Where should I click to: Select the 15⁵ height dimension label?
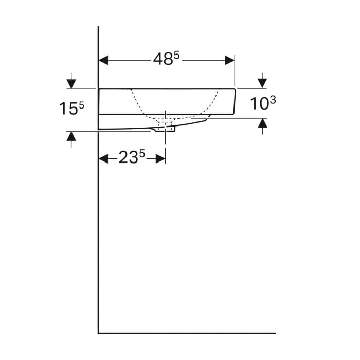tap(71, 108)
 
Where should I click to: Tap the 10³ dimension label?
tap(263, 103)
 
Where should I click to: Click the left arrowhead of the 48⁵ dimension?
tap(103, 60)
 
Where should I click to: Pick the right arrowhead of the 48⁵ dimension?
tap(230, 60)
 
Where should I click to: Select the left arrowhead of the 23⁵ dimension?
tap(103, 158)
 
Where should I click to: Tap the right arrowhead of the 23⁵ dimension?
tap(160, 158)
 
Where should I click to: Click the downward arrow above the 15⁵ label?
tap(71, 81)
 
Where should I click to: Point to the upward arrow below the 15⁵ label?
tap(71, 139)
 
